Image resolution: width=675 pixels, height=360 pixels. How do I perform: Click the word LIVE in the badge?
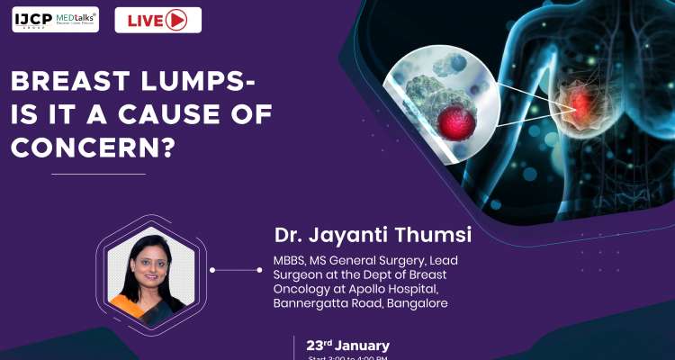point(148,19)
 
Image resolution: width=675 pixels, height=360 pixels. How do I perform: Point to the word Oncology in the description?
point(303,289)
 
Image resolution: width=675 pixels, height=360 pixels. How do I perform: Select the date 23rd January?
point(347,346)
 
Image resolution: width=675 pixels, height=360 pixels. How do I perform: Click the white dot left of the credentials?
point(211,268)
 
